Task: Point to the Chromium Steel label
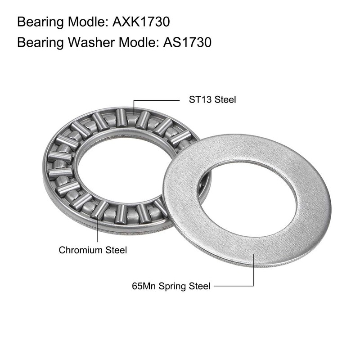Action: (x=93, y=250)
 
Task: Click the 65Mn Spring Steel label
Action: (x=171, y=286)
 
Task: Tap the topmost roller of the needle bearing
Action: (x=121, y=117)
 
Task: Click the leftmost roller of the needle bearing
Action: (x=59, y=173)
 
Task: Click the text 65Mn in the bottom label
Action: (x=142, y=286)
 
